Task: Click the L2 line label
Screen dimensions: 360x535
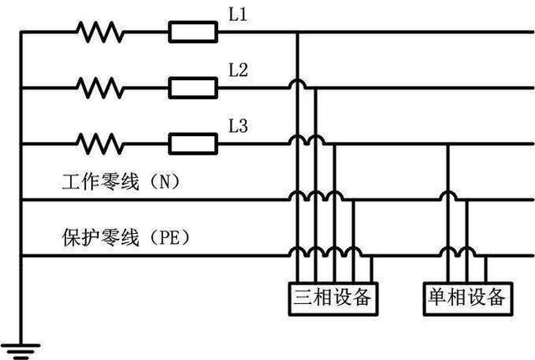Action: tap(238, 71)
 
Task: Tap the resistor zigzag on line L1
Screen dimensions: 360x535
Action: tap(99, 33)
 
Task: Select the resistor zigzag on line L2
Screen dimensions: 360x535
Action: tap(99, 86)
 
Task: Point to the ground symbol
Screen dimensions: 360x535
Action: tap(20, 345)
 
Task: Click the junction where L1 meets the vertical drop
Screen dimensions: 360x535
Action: tap(298, 33)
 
